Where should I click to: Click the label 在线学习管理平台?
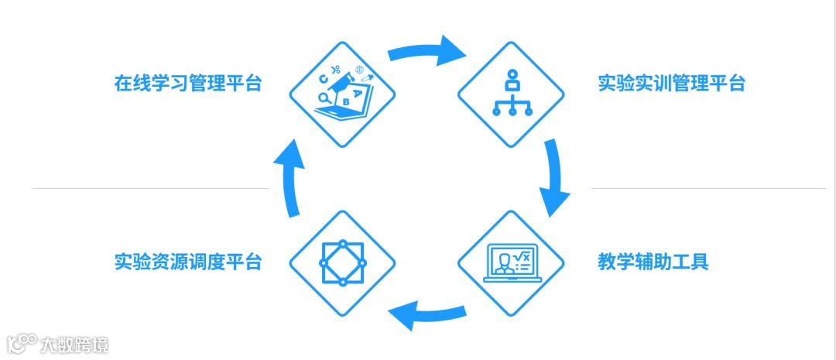(188, 84)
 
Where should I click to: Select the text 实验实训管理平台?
(671, 84)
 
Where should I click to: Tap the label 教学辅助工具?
(653, 262)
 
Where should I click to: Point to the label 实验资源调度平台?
(188, 262)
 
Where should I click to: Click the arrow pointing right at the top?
(427, 51)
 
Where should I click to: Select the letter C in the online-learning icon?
(323, 79)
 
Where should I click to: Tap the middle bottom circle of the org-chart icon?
(511, 111)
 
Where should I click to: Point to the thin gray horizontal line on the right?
(708, 188)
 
